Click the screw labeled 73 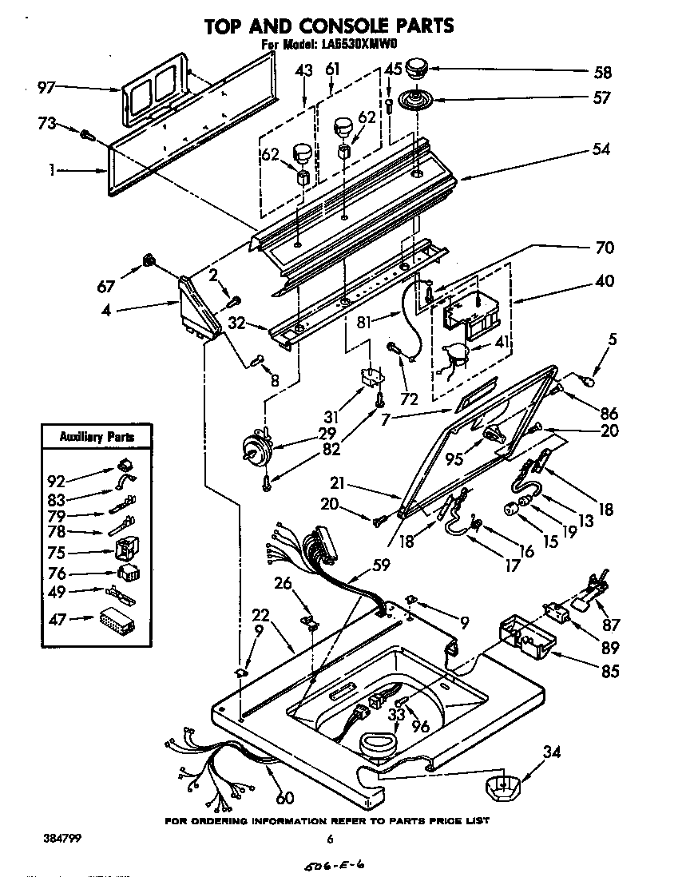(88, 136)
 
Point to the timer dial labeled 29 (257, 451)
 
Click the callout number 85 (610, 672)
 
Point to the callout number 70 (605, 248)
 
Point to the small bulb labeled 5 (590, 380)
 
